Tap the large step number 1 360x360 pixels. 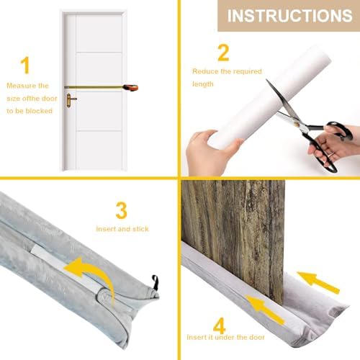(x=26, y=66)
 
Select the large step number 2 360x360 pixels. (x=223, y=52)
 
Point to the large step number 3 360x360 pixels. (x=122, y=211)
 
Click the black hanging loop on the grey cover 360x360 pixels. (x=155, y=279)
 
